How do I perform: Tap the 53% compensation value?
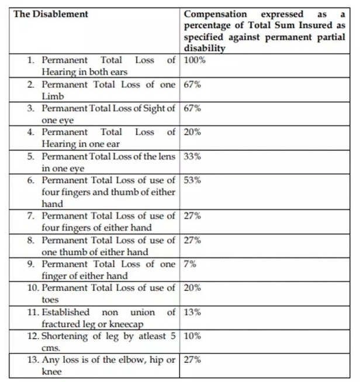pos(193,180)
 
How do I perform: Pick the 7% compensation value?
pos(191,264)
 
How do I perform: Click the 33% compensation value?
pos(193,156)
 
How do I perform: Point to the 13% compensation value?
pos(193,312)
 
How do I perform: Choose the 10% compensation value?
pos(193,336)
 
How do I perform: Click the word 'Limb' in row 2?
pos(52,96)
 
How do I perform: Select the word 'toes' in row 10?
pos(50,300)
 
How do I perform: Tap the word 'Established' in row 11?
pos(65,312)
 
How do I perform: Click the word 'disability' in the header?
pos(204,49)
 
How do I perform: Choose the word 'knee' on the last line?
pos(51,371)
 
